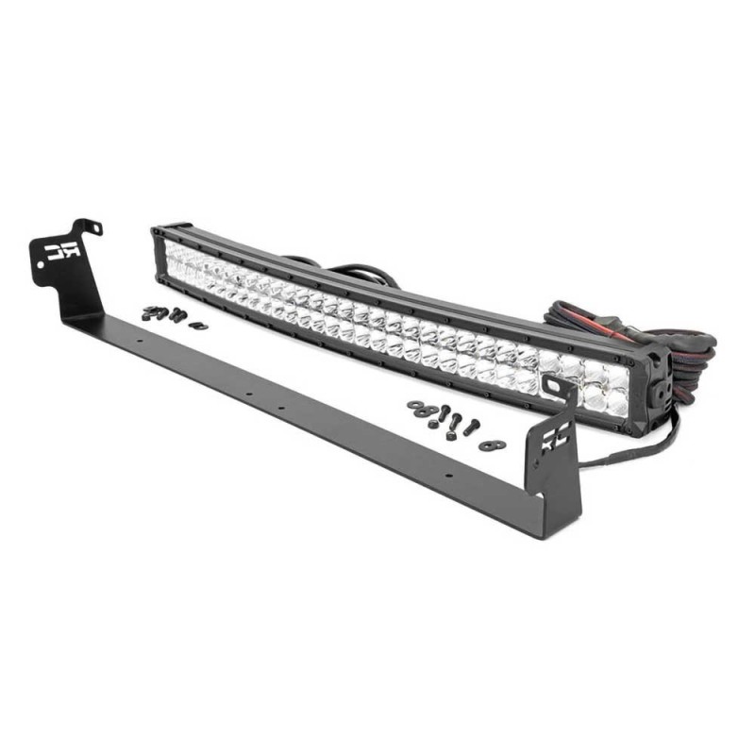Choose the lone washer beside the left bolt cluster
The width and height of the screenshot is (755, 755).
click(x=197, y=325)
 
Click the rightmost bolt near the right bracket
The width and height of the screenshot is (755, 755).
click(x=472, y=426)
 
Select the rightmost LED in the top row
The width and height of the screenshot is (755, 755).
click(x=615, y=377)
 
